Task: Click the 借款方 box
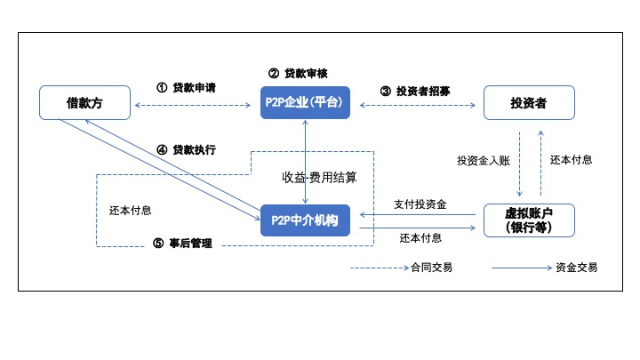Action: tap(85, 103)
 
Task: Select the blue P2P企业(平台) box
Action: tap(305, 102)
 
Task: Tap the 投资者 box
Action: tap(529, 103)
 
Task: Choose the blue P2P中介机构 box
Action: tap(305, 220)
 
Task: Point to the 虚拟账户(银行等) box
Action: tap(529, 220)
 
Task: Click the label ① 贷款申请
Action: tap(186, 88)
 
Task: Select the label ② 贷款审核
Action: tap(298, 74)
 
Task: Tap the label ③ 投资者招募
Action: tap(415, 91)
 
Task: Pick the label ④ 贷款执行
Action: tap(186, 150)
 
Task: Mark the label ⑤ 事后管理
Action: tap(182, 244)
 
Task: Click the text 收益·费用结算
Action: tap(320, 178)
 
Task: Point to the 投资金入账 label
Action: tap(484, 161)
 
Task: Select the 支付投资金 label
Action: tap(420, 204)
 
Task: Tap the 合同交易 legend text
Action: tap(431, 268)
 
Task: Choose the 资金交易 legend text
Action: tap(577, 268)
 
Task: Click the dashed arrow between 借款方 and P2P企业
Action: tap(193, 105)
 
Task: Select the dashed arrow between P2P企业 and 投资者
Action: tap(418, 105)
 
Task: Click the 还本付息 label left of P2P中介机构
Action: tap(130, 211)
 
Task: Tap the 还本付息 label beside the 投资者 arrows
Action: tap(571, 160)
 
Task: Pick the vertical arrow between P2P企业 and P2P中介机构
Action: tap(305, 162)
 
